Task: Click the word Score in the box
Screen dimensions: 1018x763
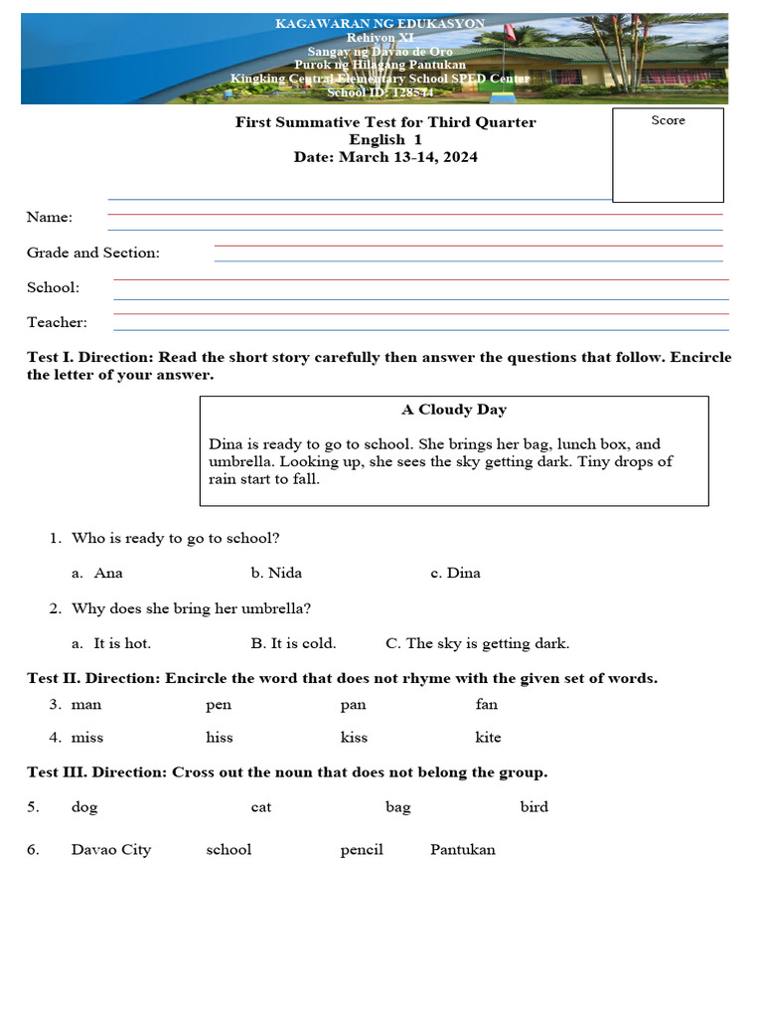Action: [668, 120]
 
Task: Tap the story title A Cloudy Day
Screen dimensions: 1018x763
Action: [454, 410]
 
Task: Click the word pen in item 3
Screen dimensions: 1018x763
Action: [219, 705]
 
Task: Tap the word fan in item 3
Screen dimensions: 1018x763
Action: [487, 705]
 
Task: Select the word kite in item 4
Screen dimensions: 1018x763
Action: [488, 738]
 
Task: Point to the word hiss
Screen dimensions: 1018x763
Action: [220, 738]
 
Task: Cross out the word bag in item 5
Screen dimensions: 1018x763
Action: [397, 807]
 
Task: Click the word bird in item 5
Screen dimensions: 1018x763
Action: [534, 807]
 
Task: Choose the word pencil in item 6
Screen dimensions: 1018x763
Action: [362, 850]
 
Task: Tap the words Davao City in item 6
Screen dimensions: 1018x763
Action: [111, 850]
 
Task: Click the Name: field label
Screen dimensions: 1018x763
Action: [50, 218]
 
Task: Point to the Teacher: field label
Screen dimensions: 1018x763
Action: [57, 322]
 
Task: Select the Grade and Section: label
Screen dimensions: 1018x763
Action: [93, 253]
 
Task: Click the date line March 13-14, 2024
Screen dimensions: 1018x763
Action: [385, 157]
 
